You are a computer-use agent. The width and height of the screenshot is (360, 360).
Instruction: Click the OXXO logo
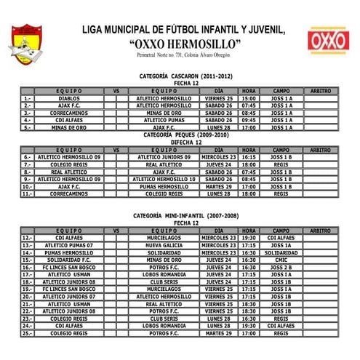pyautogui.click(x=327, y=41)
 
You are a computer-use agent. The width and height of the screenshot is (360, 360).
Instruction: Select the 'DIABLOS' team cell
pyautogui.click(x=69, y=97)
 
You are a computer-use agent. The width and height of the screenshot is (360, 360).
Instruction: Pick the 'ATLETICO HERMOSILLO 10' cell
pyautogui.click(x=164, y=179)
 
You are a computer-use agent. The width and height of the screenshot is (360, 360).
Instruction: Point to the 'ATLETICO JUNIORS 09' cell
pyautogui.click(x=164, y=156)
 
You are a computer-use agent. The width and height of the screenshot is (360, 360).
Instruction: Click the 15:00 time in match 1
pyautogui.click(x=249, y=97)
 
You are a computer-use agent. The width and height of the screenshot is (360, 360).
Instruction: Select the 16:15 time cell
pyautogui.click(x=249, y=156)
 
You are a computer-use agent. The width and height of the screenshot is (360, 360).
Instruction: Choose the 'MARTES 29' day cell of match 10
pyautogui.click(x=219, y=186)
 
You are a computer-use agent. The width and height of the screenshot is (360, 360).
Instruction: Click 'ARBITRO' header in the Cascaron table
pyautogui.click(x=320, y=90)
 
